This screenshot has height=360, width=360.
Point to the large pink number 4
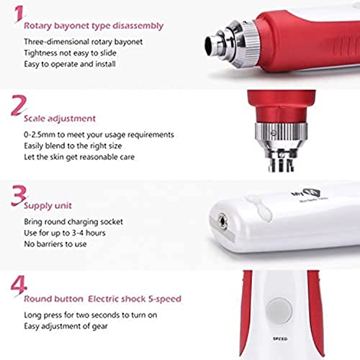(14, 285)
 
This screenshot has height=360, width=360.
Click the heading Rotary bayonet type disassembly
(94, 26)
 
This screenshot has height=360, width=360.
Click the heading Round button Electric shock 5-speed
(102, 298)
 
